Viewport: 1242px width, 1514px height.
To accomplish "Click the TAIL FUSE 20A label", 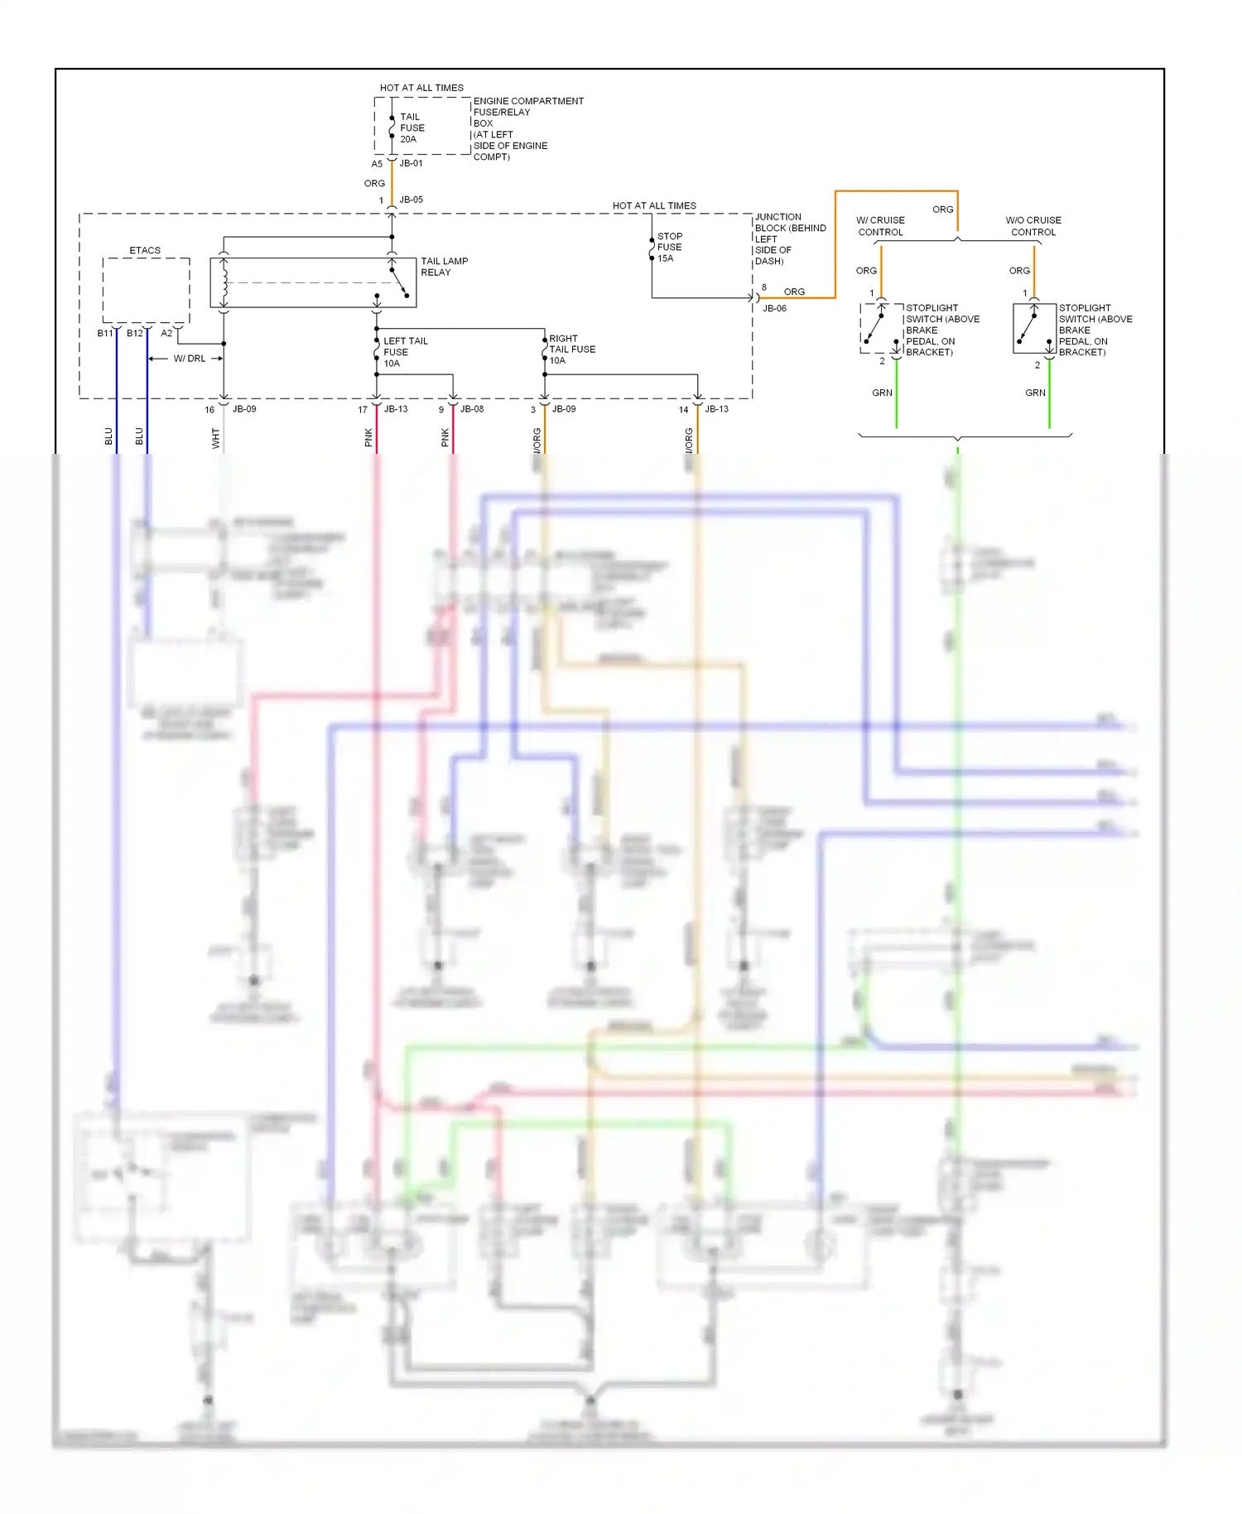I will pyautogui.click(x=412, y=128).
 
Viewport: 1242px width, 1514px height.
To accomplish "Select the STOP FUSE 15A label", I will pyautogui.click(x=669, y=247).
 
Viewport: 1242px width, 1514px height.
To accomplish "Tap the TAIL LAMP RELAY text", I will pyautogui.click(x=444, y=267).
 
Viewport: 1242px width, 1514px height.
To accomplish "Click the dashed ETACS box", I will pyautogui.click(x=146, y=290).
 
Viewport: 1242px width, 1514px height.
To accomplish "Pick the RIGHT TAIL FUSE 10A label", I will pyautogui.click(x=571, y=350).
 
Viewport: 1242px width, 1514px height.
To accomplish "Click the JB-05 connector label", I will pyautogui.click(x=411, y=200).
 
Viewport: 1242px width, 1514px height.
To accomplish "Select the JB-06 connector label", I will pyautogui.click(x=774, y=308).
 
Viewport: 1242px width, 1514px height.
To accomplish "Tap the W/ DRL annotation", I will pyautogui.click(x=189, y=359).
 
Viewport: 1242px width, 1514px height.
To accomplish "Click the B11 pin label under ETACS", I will pyautogui.click(x=104, y=333).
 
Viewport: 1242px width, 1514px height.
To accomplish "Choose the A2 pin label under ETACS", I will pyautogui.click(x=166, y=333).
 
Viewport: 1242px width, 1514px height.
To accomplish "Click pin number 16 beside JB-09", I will pyautogui.click(x=209, y=410).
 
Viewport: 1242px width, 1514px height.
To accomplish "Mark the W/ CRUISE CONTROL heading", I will pyautogui.click(x=880, y=226).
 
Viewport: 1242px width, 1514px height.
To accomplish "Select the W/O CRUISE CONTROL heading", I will pyautogui.click(x=1033, y=226).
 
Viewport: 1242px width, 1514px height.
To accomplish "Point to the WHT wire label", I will pyautogui.click(x=216, y=438).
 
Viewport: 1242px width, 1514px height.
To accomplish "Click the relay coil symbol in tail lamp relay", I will pyautogui.click(x=224, y=282).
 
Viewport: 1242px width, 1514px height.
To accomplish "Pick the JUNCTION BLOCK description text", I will pyautogui.click(x=789, y=239).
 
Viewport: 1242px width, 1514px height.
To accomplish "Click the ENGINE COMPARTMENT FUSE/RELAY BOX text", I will pyautogui.click(x=527, y=128).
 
